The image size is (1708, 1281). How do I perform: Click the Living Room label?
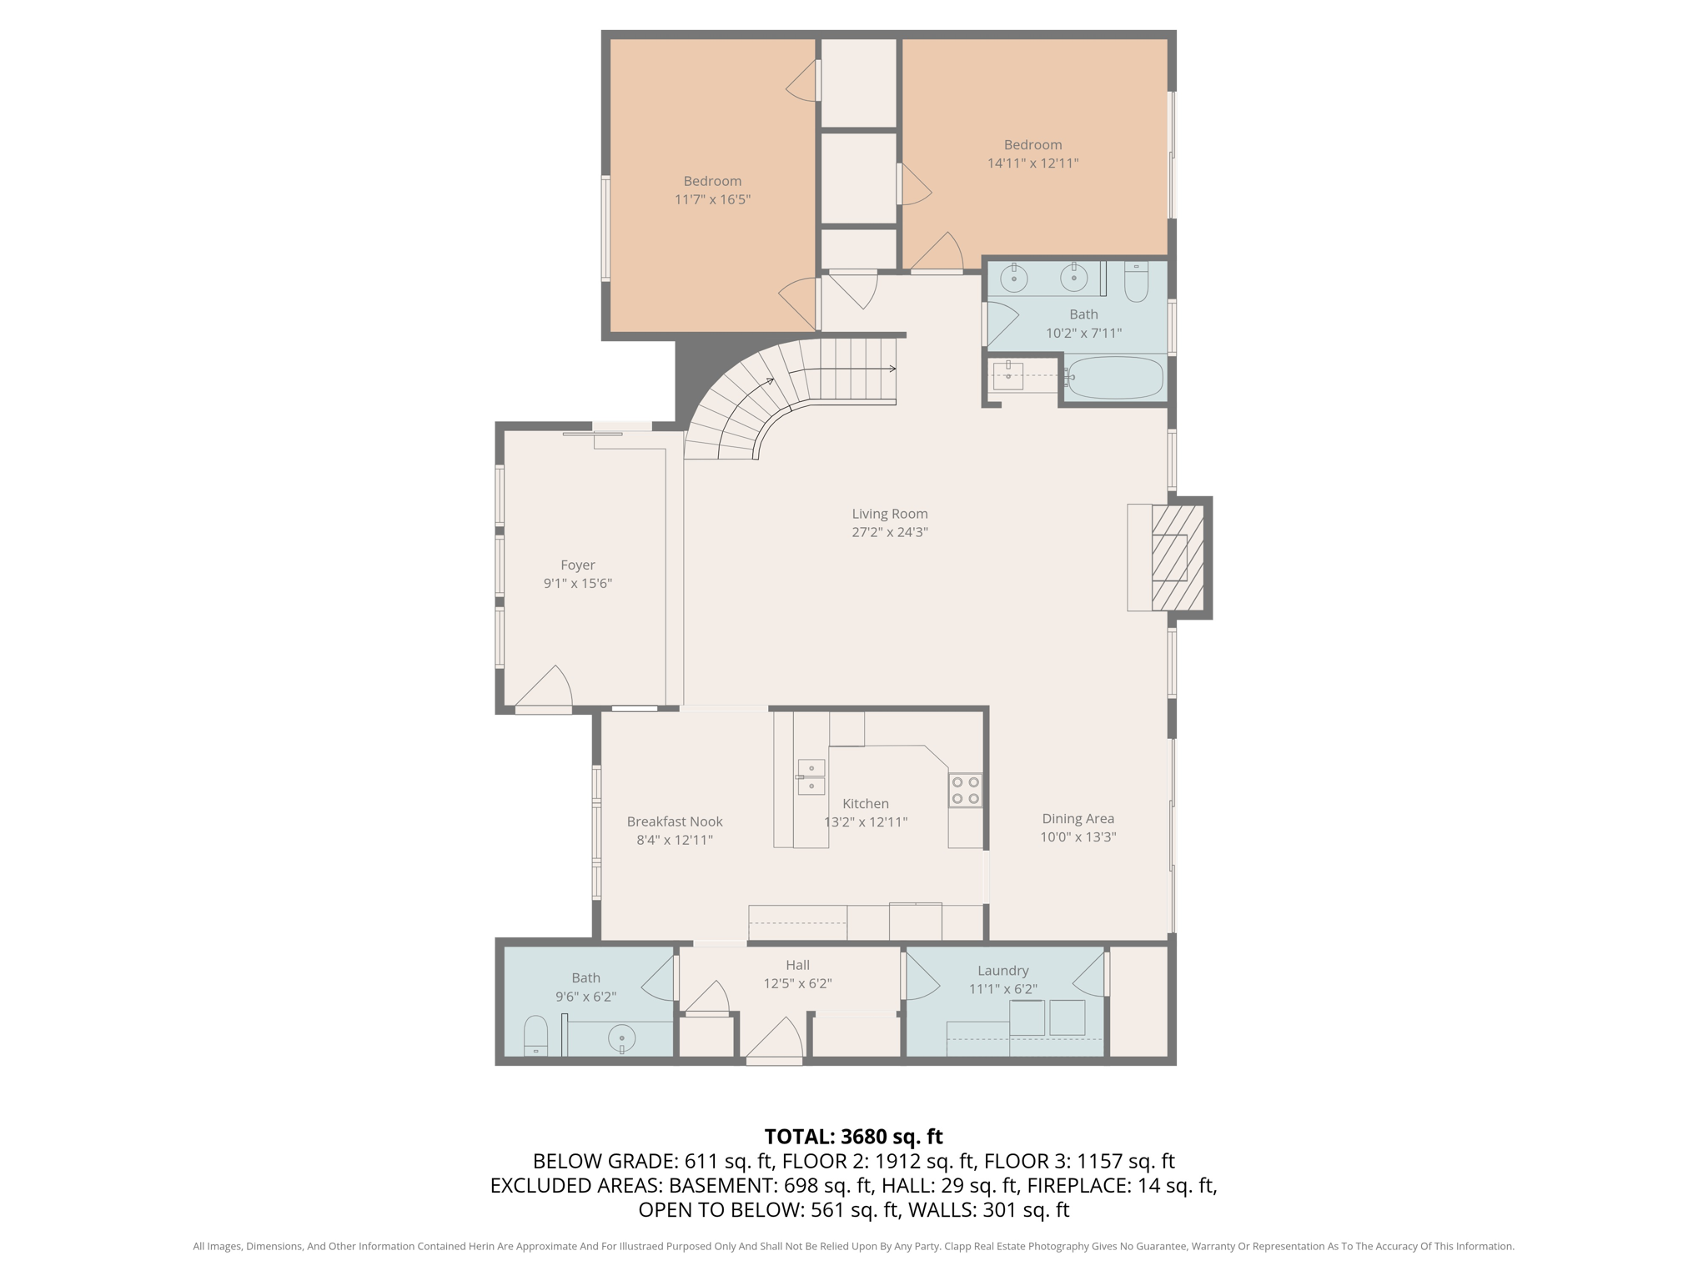point(889,514)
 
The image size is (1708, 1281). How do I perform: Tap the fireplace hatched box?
point(1178,557)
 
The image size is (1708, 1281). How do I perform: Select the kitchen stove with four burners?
point(965,790)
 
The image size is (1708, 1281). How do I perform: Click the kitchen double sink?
point(811,776)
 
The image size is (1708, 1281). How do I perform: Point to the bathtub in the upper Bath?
point(1115,378)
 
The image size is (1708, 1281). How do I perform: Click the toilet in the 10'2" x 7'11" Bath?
point(1136,283)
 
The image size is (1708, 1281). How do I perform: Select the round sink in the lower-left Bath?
point(621,1038)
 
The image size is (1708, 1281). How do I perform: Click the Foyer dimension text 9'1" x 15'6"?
point(577,583)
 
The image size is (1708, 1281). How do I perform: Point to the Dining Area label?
point(1078,819)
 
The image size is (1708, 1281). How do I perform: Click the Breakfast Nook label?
point(675,821)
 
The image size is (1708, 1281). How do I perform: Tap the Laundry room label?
point(1002,971)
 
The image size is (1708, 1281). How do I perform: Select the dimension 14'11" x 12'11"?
point(1032,163)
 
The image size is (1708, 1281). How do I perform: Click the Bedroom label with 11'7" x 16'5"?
point(712,181)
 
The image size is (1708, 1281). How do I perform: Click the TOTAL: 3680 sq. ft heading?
point(853,1137)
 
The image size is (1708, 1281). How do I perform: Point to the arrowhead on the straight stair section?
point(892,369)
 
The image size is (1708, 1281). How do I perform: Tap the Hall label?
point(797,965)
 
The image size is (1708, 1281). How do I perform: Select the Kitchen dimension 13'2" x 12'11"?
point(866,821)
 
